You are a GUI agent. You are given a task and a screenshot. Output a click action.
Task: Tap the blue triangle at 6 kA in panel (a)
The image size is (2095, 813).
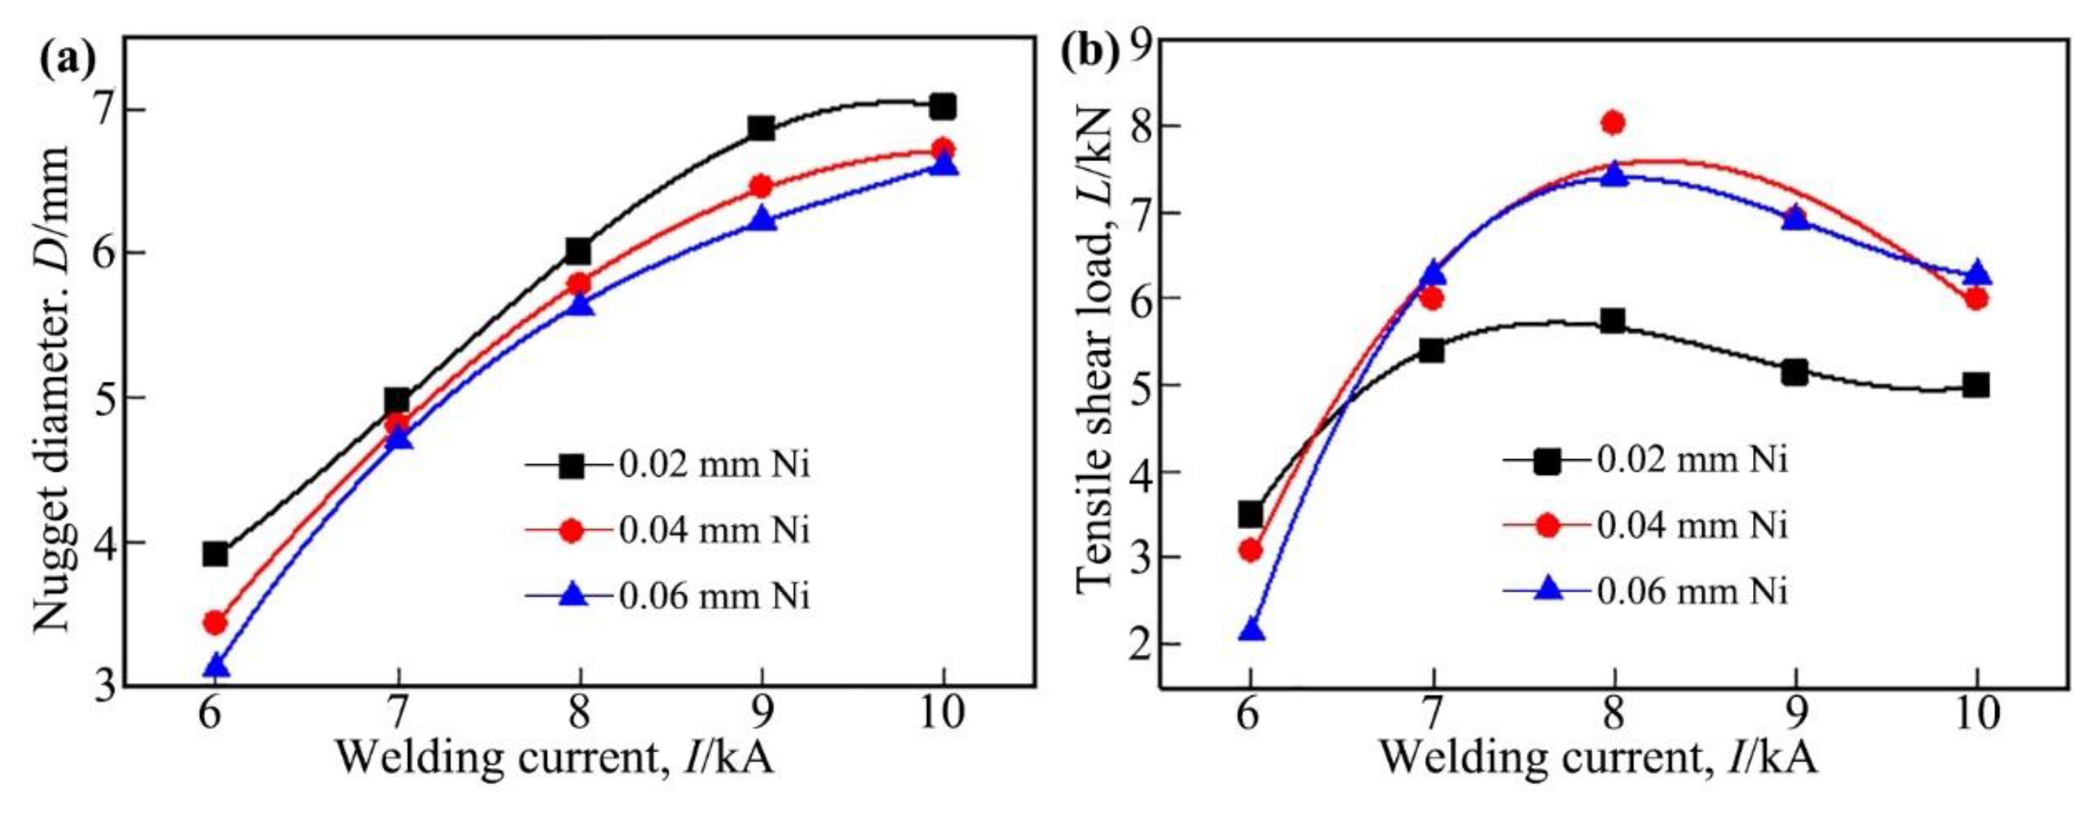click(216, 666)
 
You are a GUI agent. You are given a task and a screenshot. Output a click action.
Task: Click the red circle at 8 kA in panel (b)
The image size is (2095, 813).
click(1614, 123)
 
